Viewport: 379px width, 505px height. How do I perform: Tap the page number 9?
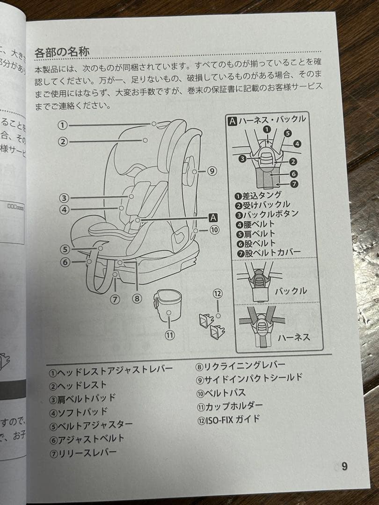(x=344, y=466)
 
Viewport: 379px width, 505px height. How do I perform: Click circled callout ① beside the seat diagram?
(x=63, y=125)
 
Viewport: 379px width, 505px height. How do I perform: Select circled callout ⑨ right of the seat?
(x=212, y=171)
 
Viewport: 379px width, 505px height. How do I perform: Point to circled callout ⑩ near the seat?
(x=214, y=230)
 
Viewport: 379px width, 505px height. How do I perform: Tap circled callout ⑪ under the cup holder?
(x=170, y=335)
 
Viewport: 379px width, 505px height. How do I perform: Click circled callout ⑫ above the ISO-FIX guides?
(x=218, y=294)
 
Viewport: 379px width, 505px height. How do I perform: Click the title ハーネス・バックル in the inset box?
(x=268, y=119)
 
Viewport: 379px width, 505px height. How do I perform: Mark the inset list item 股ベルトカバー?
(x=269, y=252)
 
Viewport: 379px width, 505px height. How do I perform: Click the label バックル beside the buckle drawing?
(x=291, y=291)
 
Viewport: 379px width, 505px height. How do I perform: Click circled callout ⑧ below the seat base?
(x=137, y=297)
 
